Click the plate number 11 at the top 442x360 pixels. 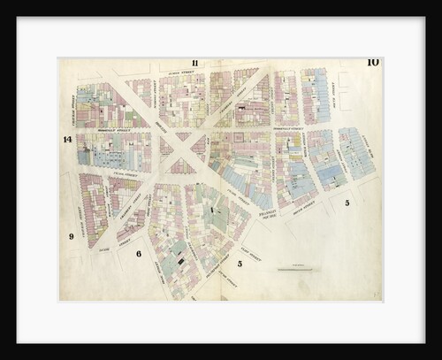[x=194, y=63]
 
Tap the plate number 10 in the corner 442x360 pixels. [x=372, y=62]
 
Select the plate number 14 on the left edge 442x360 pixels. [x=67, y=140]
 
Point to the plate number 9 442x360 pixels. [x=71, y=236]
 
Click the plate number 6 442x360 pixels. [x=139, y=254]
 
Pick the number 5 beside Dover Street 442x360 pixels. [x=347, y=203]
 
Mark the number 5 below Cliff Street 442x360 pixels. [x=240, y=263]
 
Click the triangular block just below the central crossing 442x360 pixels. [x=182, y=164]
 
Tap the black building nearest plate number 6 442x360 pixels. [x=181, y=261]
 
